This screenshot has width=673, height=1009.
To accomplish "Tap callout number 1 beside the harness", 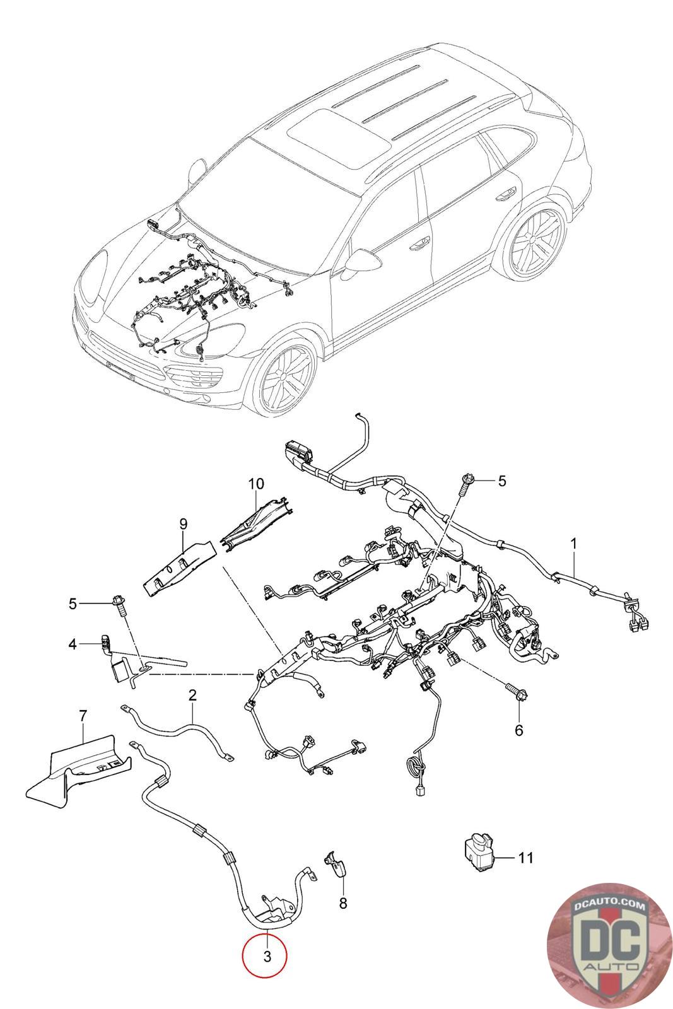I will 574,543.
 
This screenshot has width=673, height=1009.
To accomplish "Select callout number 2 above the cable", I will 192,696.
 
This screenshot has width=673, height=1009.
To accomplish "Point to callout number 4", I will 73,644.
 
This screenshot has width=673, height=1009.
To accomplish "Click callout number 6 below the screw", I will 519,730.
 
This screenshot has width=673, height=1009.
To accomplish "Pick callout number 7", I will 83,716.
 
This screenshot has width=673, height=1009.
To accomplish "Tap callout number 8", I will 342,904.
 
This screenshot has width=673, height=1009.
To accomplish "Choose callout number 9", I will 184,523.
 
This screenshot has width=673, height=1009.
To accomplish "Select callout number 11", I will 526,858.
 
